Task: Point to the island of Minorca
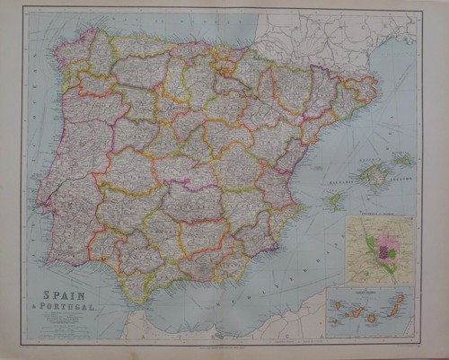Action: tap(403, 161)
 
